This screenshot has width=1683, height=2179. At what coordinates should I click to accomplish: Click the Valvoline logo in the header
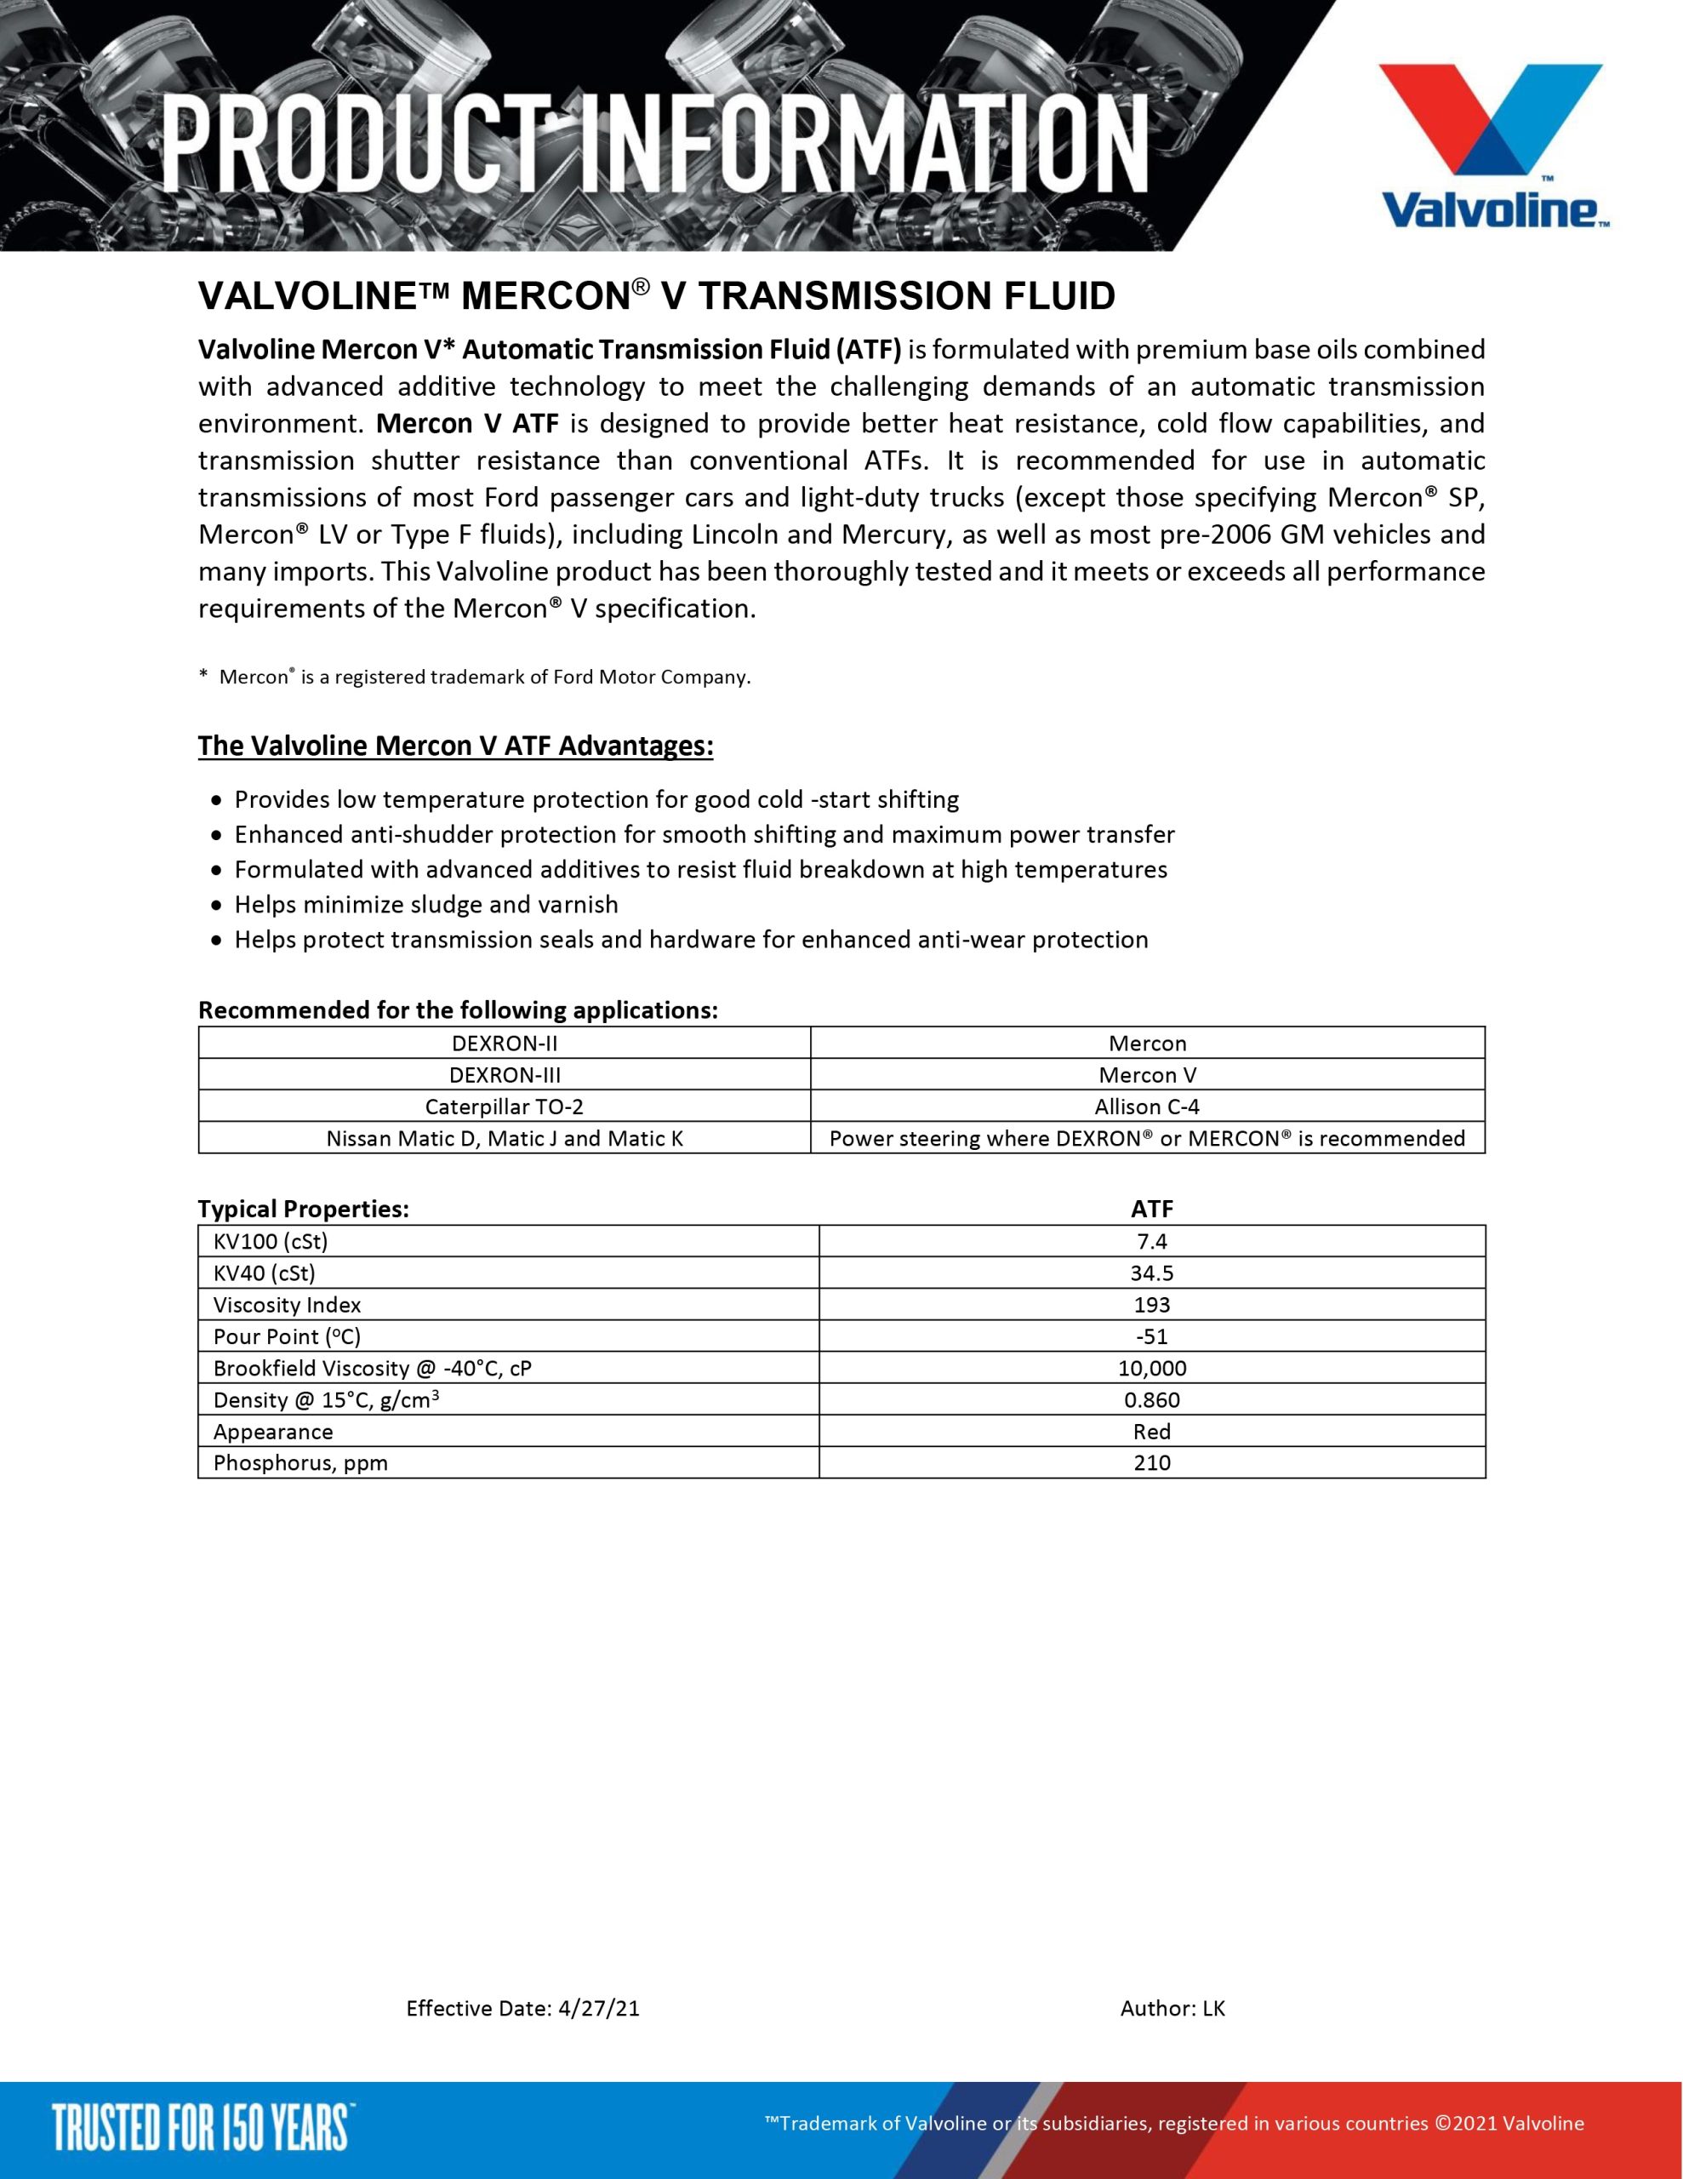1492,146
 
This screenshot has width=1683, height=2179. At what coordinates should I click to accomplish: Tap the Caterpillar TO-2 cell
504,1107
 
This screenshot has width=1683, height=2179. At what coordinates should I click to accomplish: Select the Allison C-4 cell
1146,1107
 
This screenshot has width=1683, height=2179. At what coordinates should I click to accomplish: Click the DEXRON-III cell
504,1074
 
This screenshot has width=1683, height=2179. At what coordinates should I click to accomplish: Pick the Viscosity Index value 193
1151,1305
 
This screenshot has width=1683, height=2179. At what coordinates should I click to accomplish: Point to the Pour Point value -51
1151,1337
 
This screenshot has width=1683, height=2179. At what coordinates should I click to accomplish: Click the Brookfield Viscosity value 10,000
1151,1369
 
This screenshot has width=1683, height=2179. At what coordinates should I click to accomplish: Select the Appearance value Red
1151,1432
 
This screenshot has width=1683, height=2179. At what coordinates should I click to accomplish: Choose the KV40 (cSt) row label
265,1273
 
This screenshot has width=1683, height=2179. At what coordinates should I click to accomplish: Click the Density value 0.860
1151,1400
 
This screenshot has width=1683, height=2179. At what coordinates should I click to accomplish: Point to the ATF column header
1151,1210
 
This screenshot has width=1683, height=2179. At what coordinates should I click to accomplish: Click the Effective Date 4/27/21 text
522,2009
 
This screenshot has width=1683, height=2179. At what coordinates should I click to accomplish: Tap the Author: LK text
1172,2009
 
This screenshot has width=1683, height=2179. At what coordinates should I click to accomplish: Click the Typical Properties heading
303,1210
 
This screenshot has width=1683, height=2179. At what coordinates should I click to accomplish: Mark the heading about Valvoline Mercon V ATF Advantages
455,746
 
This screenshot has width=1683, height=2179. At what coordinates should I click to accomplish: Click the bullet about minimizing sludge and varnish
426,905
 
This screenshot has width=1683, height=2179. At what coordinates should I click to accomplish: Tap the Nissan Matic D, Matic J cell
504,1138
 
